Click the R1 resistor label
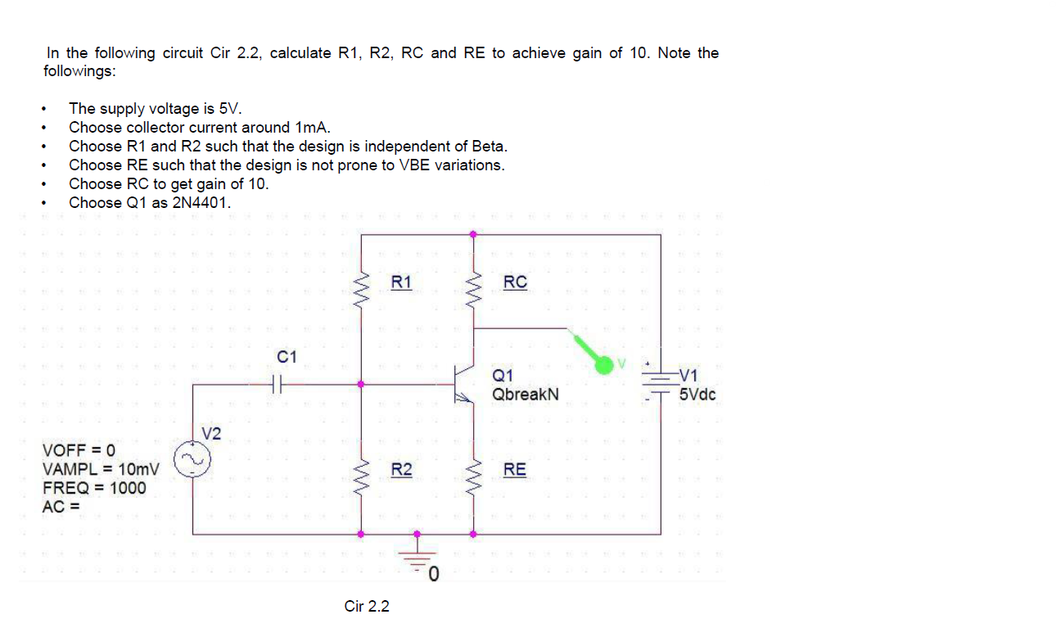pos(401,282)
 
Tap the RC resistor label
pos(515,282)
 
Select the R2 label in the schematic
pos(401,470)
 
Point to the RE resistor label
pos(515,470)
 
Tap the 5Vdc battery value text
pos(697,395)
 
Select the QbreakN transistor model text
pos(526,395)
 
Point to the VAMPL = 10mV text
pos(101,469)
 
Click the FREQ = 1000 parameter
pos(94,488)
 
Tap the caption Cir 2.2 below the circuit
pos(367,607)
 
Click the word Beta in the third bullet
pos(489,147)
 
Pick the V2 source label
pos(211,432)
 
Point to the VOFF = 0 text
pos(79,450)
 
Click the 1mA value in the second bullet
pos(311,128)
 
